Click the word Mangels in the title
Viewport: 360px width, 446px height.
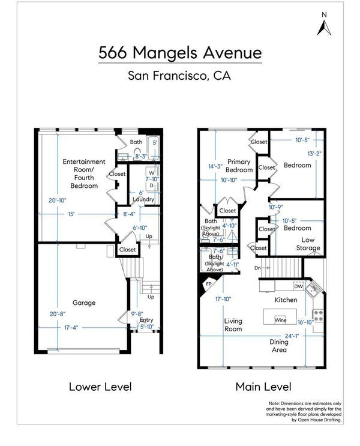click(164, 53)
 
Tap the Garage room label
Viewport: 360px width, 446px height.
click(84, 303)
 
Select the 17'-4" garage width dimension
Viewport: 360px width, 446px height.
click(71, 328)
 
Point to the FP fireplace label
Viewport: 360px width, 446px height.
click(209, 284)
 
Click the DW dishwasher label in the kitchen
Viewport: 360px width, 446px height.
click(298, 286)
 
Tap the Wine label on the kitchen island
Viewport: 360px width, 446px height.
click(280, 320)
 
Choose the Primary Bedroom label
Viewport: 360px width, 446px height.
click(239, 166)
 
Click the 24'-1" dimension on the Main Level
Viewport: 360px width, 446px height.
click(292, 336)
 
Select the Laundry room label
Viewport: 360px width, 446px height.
click(143, 199)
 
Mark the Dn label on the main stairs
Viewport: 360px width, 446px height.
click(257, 268)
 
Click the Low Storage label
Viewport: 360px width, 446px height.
click(308, 244)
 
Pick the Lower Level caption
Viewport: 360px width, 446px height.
click(100, 387)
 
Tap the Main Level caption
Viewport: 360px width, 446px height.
click(263, 387)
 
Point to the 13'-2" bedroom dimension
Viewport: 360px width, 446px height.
click(314, 154)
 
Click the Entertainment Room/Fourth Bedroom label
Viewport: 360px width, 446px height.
click(84, 174)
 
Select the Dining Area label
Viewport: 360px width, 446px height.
click(279, 346)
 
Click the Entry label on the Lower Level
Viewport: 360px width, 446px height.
click(146, 320)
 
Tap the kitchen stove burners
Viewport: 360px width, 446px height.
click(319, 316)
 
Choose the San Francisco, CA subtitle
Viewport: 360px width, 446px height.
click(179, 76)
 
